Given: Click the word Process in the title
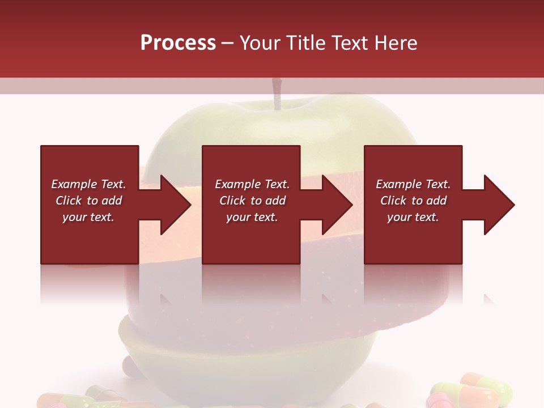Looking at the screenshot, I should click(x=178, y=43).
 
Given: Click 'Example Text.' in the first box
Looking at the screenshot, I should click(x=88, y=184).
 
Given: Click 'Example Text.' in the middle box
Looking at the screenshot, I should click(x=252, y=184).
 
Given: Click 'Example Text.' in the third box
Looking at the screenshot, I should click(x=413, y=184).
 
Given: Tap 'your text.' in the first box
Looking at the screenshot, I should click(x=88, y=217).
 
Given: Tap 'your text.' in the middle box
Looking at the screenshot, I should click(x=252, y=217).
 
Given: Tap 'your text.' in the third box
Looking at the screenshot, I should click(x=413, y=217).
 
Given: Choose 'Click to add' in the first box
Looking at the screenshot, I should click(x=88, y=201).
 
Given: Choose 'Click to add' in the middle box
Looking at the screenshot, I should click(x=252, y=201).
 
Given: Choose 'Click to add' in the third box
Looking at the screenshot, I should click(x=413, y=201).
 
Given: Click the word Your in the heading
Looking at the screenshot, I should click(x=260, y=43).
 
